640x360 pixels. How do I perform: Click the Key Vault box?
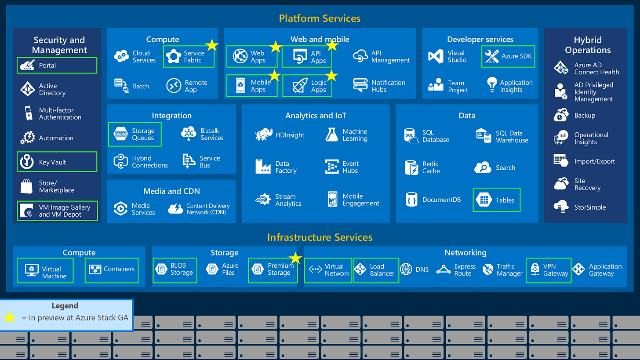57,162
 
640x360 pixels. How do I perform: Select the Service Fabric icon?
174,56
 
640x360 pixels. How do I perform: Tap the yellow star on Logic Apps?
331,76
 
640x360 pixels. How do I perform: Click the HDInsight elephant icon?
264,135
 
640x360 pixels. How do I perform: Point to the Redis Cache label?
431,167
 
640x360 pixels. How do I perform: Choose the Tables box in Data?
496,200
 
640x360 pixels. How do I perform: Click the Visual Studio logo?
436,56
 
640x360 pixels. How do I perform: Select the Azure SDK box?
508,56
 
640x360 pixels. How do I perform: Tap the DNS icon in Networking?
406,269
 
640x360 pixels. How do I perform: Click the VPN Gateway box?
549,270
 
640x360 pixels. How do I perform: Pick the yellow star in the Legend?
10,317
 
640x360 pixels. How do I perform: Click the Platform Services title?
320,18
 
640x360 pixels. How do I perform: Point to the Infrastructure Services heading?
320,237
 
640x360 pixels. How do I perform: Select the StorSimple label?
590,207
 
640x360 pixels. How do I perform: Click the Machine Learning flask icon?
332,135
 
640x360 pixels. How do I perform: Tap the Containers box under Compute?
111,270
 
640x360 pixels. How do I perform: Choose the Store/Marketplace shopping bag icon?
26,186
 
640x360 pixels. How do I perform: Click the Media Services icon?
120,208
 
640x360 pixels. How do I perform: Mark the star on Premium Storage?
295,258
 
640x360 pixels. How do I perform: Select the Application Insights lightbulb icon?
491,84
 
